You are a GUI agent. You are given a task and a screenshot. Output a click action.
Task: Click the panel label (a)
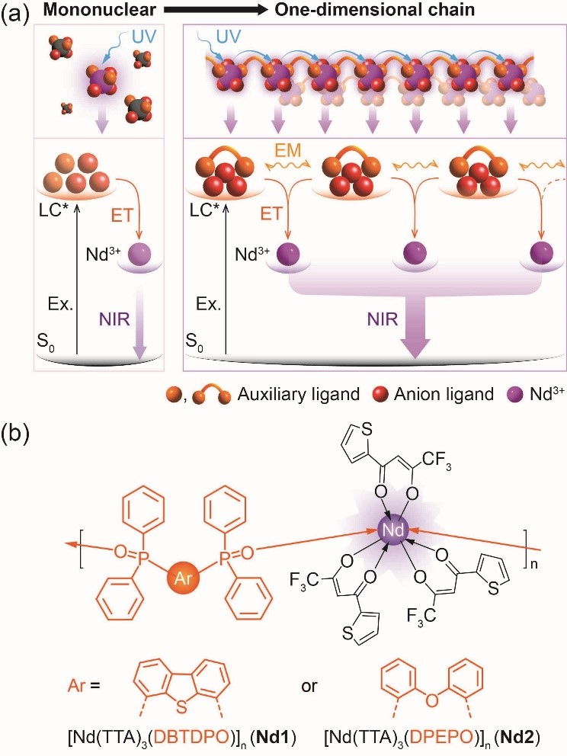16,11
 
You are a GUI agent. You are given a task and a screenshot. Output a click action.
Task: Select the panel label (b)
16,442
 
